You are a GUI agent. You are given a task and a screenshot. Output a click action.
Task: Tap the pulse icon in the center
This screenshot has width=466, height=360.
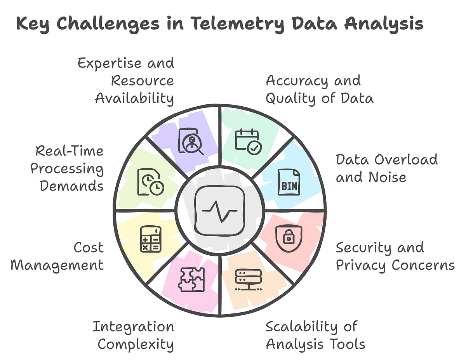pos(220,211)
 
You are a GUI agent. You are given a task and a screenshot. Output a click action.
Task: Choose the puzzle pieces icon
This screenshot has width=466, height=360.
pos(191,280)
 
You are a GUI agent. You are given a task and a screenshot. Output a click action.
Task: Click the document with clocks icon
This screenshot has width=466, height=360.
pos(151,182)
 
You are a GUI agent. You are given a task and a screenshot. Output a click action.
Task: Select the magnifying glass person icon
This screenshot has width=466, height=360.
pos(191,142)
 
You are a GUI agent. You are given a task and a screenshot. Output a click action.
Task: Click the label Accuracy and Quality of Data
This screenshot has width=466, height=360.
pos(319,90)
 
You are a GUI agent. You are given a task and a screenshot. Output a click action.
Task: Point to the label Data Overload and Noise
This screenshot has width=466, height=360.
pos(386,168)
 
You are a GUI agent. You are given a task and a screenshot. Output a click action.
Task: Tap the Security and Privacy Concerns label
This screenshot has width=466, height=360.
pos(395,256)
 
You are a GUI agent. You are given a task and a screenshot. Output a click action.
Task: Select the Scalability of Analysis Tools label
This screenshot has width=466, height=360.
pos(315,335)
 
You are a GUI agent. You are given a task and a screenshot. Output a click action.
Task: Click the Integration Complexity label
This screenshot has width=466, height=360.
pos(133,335)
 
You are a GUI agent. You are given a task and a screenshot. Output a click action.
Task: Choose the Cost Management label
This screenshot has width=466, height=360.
pos(57,256)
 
